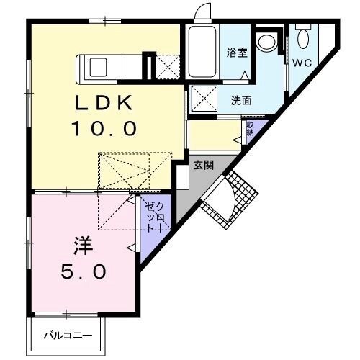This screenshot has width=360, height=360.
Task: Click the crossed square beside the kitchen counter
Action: point(168,67)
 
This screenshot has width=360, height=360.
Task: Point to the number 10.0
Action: point(105,130)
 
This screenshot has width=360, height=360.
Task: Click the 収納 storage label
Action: point(250,129)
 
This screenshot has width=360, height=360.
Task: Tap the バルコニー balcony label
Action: point(66,335)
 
